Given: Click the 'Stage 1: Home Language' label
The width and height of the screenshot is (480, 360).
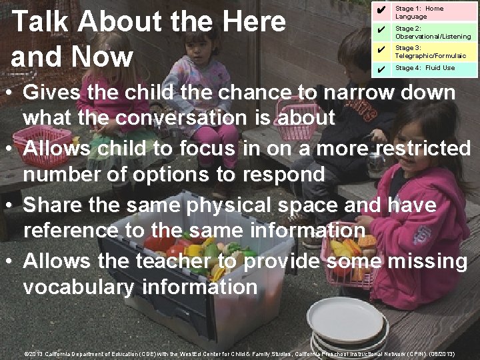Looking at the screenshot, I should tap(419, 12).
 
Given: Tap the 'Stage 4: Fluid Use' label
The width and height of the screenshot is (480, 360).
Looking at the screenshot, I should tap(425, 68).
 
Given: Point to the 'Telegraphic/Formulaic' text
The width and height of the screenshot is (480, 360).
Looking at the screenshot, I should tap(430, 56).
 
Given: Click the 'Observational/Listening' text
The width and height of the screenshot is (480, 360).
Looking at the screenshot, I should tap(433, 37).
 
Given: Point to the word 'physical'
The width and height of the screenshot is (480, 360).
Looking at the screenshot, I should tap(222, 205).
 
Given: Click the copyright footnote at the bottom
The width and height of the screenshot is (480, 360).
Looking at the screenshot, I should tap(239, 354).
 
